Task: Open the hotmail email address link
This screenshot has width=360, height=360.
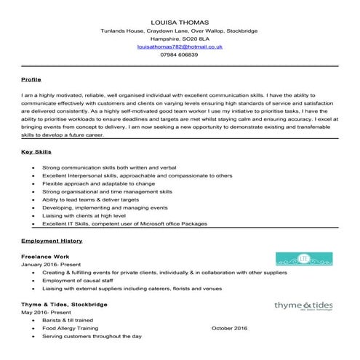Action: [x=179, y=47]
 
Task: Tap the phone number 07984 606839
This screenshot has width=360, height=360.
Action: [x=179, y=55]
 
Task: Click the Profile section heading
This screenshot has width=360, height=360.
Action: [x=31, y=78]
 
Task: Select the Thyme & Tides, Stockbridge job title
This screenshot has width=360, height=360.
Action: [x=65, y=304]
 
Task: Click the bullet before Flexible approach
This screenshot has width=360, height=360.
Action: [x=34, y=184]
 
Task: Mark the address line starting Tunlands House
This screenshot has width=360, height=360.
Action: [x=179, y=31]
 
